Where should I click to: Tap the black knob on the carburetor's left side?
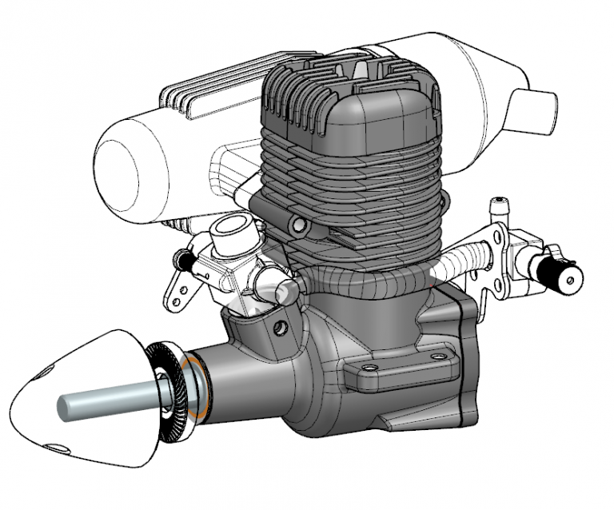[185, 259]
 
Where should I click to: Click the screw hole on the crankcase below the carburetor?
[279, 328]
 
